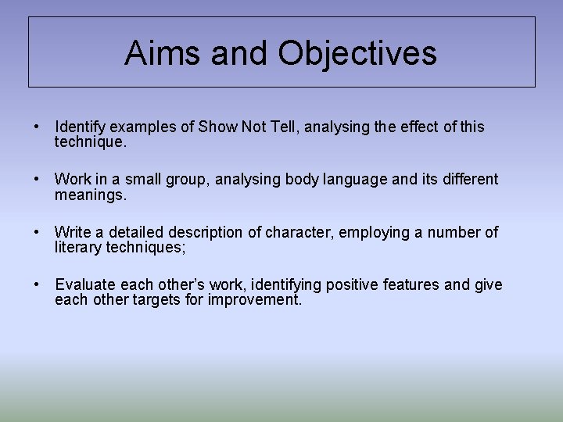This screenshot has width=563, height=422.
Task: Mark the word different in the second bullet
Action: (467, 180)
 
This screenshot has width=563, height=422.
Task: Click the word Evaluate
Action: (85, 285)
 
